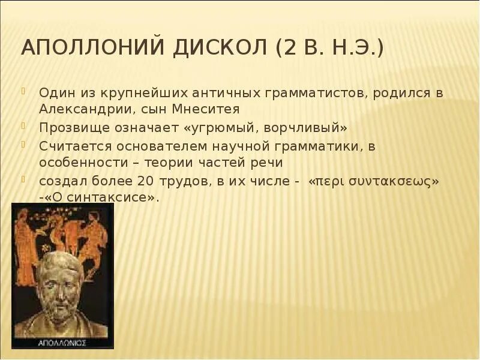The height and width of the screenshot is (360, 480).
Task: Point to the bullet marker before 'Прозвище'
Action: click(25, 127)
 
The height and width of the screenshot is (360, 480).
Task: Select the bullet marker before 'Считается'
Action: click(25, 145)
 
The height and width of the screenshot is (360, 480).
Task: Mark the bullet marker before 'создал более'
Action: click(25, 179)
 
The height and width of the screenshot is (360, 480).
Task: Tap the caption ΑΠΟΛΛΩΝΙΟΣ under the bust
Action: click(62, 343)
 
